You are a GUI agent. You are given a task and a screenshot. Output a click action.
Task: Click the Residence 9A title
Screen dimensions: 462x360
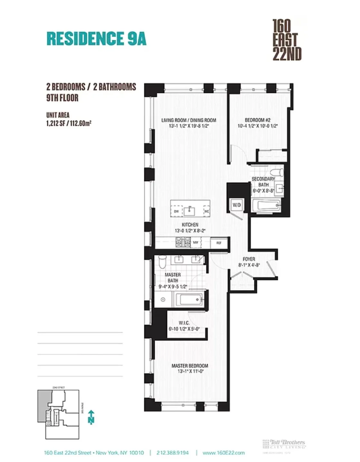pyautogui.click(x=96, y=38)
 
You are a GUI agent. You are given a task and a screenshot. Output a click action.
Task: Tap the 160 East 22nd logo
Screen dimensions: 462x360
pyautogui.click(x=287, y=40)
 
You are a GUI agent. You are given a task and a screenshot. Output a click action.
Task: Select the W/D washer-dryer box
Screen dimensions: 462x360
pyautogui.click(x=237, y=205)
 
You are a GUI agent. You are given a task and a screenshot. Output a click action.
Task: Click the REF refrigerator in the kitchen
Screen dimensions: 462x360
pyautogui.click(x=219, y=243)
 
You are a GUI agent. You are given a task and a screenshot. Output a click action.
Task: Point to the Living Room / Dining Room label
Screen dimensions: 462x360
pyautogui.click(x=189, y=123)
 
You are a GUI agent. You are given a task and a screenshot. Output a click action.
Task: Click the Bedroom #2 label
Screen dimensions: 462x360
pyautogui.click(x=258, y=123)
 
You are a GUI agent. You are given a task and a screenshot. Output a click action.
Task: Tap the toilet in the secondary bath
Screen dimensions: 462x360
pyautogui.click(x=276, y=172)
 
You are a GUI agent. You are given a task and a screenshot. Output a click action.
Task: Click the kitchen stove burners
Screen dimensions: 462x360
pyautogui.click(x=183, y=242)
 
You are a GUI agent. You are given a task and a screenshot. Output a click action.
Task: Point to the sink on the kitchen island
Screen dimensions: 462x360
pyautogui.click(x=190, y=211)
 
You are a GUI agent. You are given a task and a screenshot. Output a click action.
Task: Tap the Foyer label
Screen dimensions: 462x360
pyautogui.click(x=249, y=262)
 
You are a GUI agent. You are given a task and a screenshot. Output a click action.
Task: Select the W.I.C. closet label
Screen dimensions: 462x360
pyautogui.click(x=184, y=326)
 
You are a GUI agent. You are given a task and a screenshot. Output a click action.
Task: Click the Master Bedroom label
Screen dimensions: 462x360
pyautogui.click(x=190, y=368)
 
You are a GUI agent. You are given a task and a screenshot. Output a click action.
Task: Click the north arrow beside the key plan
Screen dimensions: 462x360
pyautogui.click(x=91, y=417)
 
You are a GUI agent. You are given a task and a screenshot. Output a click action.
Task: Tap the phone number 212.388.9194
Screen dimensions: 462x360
pyautogui.click(x=173, y=453)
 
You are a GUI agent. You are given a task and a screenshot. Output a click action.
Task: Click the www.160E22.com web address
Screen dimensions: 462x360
pyautogui.click(x=223, y=453)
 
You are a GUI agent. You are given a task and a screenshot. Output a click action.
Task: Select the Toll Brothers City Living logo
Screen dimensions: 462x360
pyautogui.click(x=284, y=444)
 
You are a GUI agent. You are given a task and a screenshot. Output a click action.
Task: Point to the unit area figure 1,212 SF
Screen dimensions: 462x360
pyautogui.click(x=69, y=123)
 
